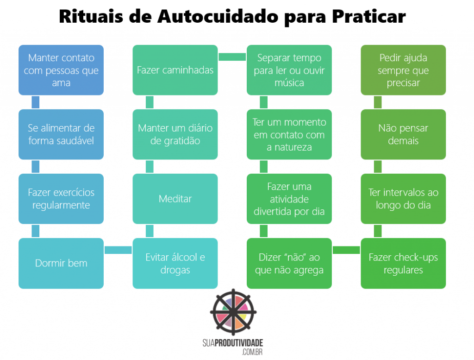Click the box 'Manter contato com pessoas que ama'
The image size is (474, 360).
click(61, 70)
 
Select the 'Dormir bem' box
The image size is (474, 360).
click(61, 263)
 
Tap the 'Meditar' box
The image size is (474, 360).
click(175, 199)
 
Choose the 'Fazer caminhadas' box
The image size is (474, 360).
click(175, 70)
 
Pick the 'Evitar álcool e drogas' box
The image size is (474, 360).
click(175, 263)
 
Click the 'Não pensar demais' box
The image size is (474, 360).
click(403, 134)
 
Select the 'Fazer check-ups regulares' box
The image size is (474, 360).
click(403, 263)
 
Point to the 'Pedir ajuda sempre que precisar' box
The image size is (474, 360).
click(403, 70)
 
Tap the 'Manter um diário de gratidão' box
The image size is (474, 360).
click(175, 134)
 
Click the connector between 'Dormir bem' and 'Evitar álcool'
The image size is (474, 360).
click(118, 250)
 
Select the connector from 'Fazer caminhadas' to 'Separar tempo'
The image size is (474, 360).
click(232, 57)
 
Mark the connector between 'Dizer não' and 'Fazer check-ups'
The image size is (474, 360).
click(346, 250)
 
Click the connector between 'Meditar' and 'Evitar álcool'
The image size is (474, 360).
click(150, 231)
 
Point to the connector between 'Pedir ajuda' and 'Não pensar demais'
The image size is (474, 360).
click(378, 102)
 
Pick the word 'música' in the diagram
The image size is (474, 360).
click(289, 83)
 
